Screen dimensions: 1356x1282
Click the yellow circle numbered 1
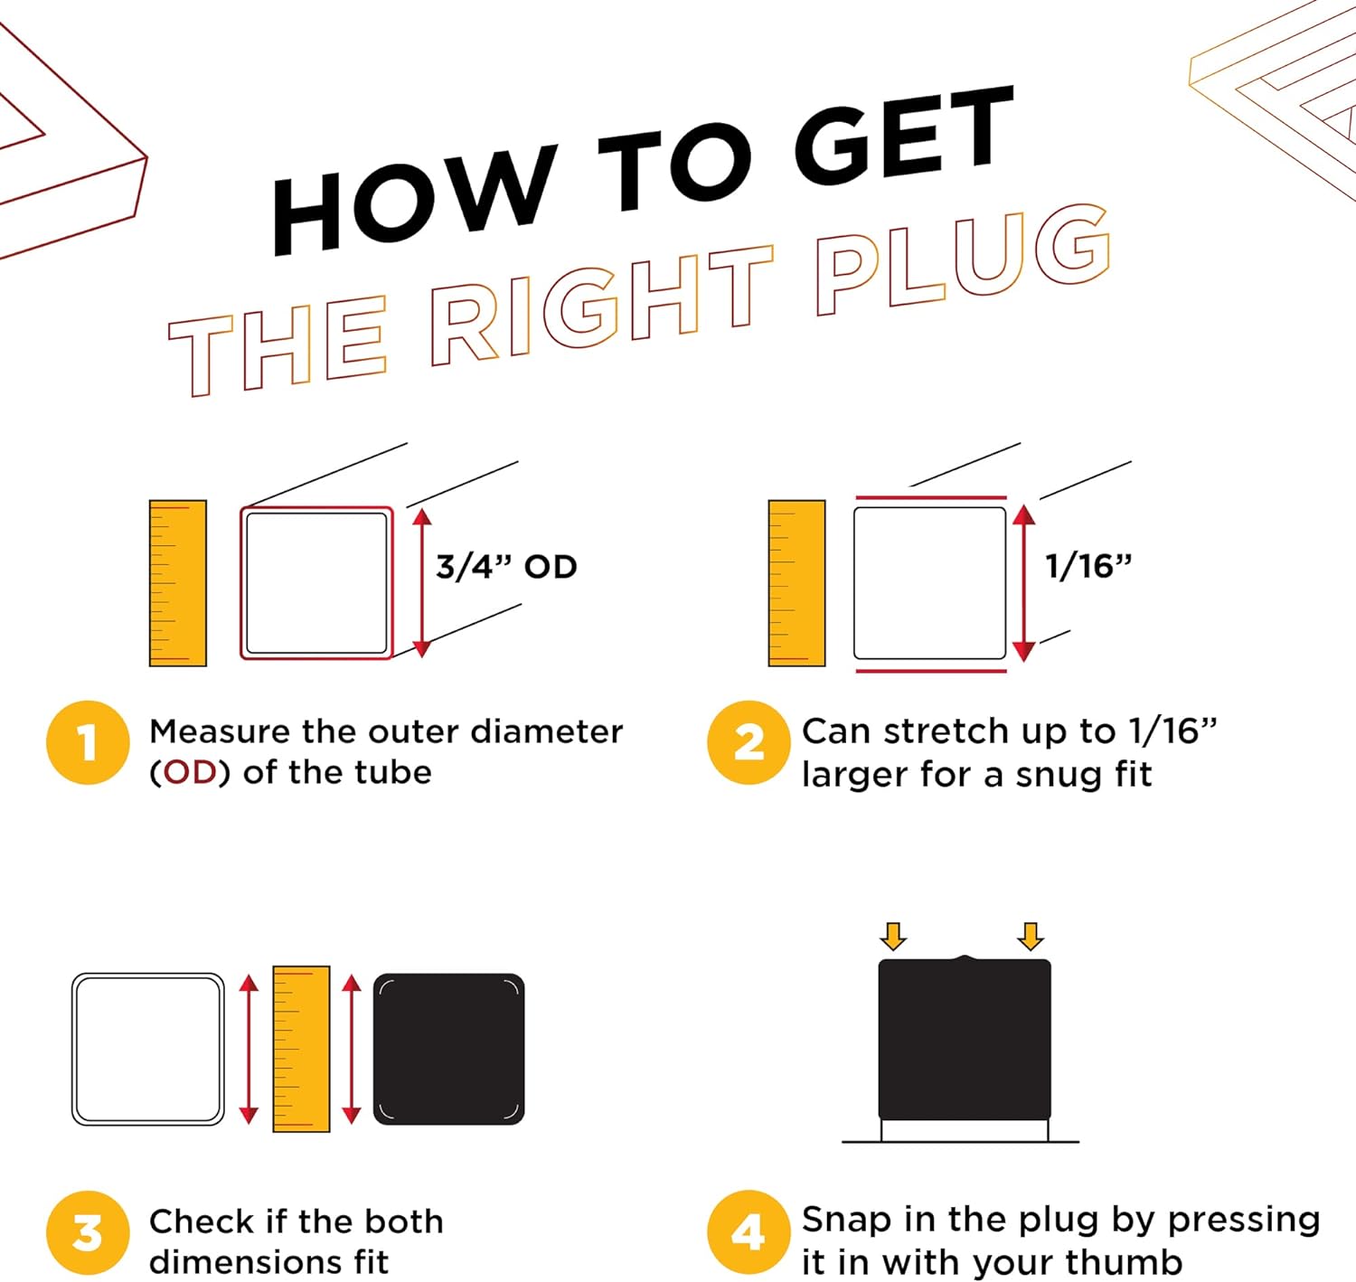coord(88,742)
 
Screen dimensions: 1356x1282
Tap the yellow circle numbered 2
coord(749,742)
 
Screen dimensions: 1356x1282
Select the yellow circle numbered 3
coord(88,1233)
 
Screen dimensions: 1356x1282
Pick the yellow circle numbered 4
coord(749,1233)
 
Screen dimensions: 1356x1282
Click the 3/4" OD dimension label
coord(506,567)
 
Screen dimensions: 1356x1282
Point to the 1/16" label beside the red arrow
coord(1088,567)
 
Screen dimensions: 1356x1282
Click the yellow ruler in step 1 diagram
coord(178,583)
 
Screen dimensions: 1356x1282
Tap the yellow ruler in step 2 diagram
coord(796,583)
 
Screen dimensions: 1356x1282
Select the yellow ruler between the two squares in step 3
coord(301,1049)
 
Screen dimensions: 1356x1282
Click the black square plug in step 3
coord(449,1049)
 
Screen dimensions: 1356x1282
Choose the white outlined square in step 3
coord(148,1049)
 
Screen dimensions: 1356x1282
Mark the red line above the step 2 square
coord(931,496)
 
